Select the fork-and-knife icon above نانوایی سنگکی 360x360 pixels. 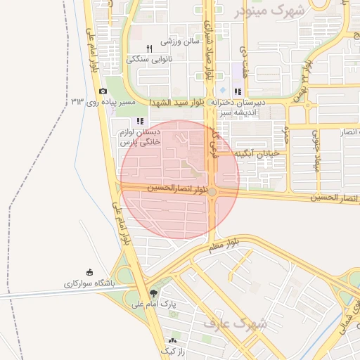(149, 49)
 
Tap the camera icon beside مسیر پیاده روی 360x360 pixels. (103, 91)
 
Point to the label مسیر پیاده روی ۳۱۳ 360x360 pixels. (103, 103)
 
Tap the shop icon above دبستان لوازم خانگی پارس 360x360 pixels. (140, 121)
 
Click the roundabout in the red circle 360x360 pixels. (213, 191)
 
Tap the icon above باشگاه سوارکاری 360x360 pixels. (90, 273)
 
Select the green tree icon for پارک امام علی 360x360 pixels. (154, 293)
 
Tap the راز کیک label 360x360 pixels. (172, 350)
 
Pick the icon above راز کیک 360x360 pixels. (172, 340)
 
